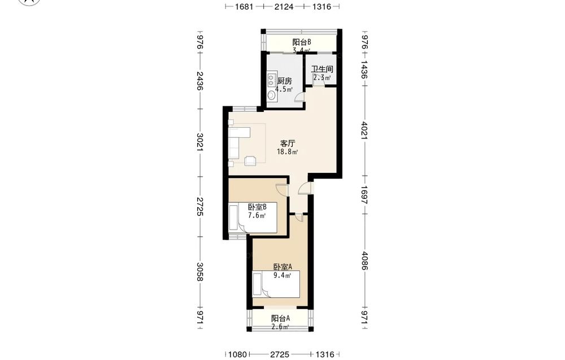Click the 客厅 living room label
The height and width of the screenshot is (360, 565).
(288, 143)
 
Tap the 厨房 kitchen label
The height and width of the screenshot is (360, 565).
(284, 81)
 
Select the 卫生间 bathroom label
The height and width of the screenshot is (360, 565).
(322, 69)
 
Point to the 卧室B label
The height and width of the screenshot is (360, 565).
(257, 207)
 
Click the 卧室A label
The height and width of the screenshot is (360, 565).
(282, 267)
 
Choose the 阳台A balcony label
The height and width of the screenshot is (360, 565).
(280, 319)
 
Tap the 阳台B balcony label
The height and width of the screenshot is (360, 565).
(302, 42)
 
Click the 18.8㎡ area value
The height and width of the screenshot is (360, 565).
(287, 151)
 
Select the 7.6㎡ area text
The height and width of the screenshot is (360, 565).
(257, 215)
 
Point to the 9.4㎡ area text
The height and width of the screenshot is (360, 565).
(282, 276)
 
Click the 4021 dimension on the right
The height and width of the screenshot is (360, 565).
(364, 131)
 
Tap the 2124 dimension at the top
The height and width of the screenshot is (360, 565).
(284, 6)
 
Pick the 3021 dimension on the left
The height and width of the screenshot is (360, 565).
(201, 142)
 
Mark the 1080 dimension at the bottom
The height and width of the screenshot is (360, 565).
(237, 354)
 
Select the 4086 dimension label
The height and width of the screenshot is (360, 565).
(364, 261)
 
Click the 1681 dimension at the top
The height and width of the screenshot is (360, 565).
(244, 6)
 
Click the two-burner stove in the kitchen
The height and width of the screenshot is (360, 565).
(272, 81)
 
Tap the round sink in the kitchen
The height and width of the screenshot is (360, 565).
(272, 96)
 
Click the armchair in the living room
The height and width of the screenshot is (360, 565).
(250, 161)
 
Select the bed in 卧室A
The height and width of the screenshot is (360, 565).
(276, 284)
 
